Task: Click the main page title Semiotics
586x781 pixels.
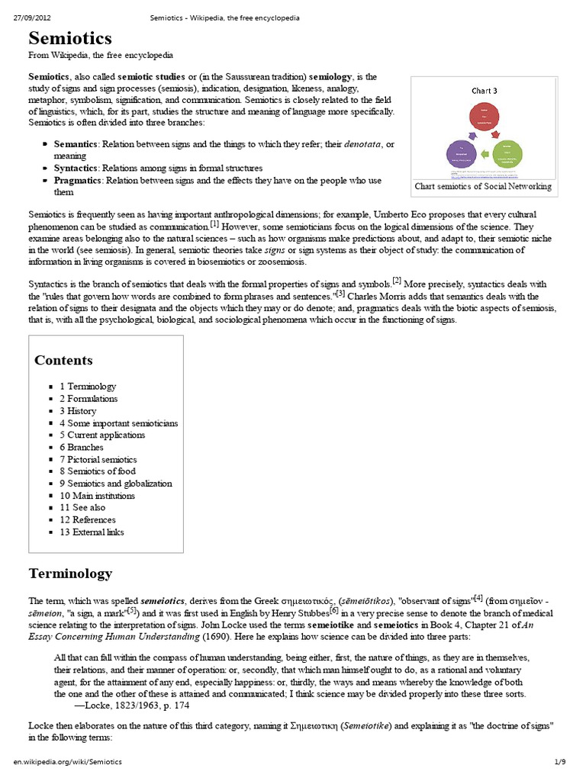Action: [x=70, y=39]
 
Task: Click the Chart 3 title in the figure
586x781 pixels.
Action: [x=484, y=91]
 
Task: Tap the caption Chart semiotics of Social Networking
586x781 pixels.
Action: [x=483, y=187]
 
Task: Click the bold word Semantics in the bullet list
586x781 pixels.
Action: [x=76, y=144]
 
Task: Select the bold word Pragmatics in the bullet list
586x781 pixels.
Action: [x=78, y=181]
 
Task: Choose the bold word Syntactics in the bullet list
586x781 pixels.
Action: [x=76, y=168]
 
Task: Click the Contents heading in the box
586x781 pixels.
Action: [x=63, y=361]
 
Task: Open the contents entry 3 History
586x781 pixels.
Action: [x=78, y=410]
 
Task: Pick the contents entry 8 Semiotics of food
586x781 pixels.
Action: [x=98, y=471]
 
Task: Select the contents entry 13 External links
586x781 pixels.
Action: [x=92, y=532]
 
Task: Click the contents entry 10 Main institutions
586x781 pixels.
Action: [x=97, y=496]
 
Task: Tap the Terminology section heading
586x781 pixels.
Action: [x=70, y=573]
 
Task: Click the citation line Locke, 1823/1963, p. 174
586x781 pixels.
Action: [x=114, y=705]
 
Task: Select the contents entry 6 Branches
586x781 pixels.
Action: [x=81, y=447]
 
